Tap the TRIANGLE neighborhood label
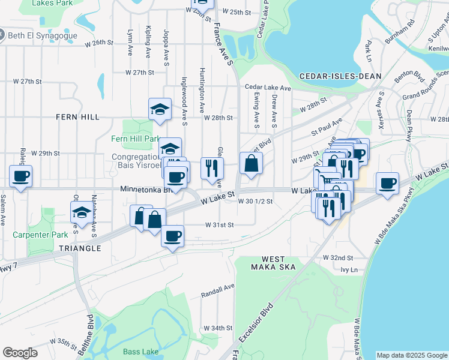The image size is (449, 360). coord(80,248)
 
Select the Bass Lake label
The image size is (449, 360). coord(139,352)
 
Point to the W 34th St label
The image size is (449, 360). coord(217,328)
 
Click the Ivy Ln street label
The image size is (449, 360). coord(349,270)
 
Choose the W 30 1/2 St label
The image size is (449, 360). coord(255,201)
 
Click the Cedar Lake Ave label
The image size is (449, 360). coord(268,88)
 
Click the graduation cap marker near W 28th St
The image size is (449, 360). coord(159,109)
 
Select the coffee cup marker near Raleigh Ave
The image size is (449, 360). coord(21,176)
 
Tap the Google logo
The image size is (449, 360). coord(20,353)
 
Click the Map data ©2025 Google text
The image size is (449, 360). coord(411,355)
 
